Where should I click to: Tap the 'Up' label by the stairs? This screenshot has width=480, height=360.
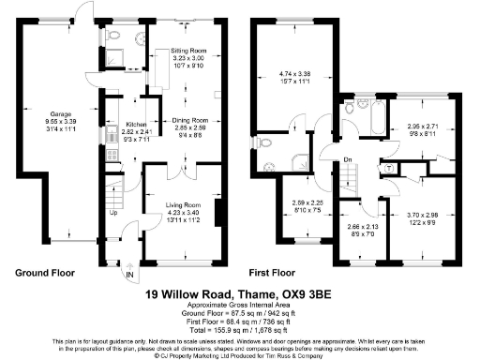pos(114,212)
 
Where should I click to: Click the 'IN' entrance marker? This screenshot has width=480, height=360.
pos(129,275)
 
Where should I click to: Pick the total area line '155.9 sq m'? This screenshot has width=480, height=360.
pos(240,329)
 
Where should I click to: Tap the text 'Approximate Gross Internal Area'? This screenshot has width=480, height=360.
pos(240,306)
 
